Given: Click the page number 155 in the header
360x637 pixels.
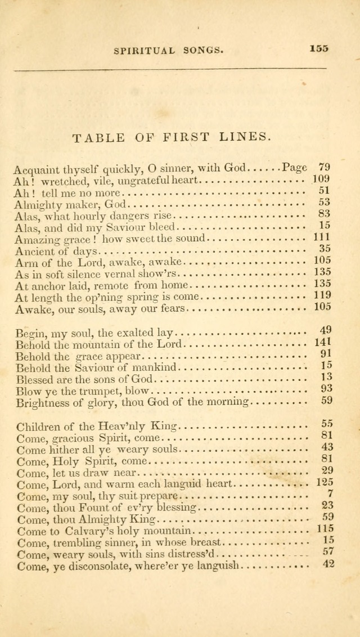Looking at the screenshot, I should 318,48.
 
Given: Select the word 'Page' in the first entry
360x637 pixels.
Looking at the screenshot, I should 295,167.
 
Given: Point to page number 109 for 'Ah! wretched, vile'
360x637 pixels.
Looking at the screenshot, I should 321,180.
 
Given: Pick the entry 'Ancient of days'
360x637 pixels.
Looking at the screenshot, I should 56,251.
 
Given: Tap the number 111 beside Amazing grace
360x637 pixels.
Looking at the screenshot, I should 322,237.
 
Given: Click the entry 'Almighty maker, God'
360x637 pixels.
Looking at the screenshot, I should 71,204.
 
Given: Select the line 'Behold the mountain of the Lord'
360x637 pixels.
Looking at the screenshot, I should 99,344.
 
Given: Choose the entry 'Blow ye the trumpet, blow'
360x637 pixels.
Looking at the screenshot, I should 83,391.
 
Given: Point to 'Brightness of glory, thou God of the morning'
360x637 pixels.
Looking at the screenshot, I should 132,402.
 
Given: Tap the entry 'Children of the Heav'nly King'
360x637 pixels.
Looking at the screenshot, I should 97,426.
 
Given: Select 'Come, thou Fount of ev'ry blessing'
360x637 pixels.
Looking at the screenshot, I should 106,508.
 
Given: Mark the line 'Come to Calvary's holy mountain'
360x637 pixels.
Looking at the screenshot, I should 105,531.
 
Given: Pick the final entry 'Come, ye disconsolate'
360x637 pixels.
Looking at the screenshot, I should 128,566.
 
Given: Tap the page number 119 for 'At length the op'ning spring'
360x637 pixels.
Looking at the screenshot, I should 322,295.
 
